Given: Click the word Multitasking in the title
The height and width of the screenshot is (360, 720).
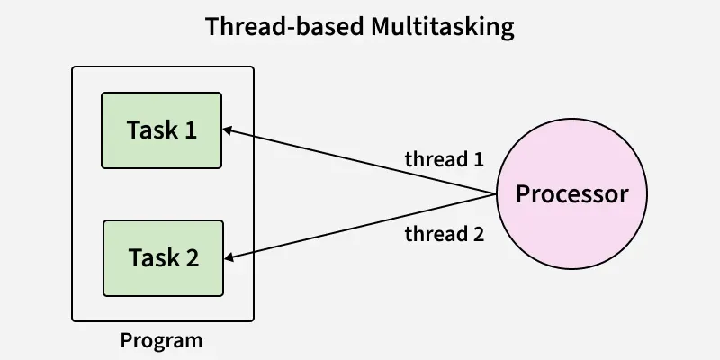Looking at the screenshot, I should coord(442,27).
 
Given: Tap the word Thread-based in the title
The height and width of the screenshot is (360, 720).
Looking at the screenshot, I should coord(284,27).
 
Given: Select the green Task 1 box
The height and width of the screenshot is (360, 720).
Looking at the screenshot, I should coord(162,130).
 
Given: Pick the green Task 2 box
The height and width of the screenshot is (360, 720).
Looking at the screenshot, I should coord(163,258).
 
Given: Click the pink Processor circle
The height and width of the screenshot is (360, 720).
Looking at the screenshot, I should coord(571,193).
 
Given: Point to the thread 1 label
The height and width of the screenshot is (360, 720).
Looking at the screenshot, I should coord(445,160).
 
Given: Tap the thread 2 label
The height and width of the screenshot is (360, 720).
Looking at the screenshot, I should coord(445,235).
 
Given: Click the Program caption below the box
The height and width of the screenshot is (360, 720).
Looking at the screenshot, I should coord(162,341).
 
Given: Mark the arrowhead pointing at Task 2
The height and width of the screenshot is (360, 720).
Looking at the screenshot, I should coord(229,259).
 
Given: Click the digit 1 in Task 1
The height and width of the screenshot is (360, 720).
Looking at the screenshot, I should coord(190,130).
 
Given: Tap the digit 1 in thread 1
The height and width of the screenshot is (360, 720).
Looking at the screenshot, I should coord(478,160).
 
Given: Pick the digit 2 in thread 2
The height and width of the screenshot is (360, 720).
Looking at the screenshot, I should coord(478,235).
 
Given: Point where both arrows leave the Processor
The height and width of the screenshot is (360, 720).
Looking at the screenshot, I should coord(497,193).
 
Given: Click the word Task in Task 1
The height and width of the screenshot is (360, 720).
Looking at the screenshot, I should coord(152,130).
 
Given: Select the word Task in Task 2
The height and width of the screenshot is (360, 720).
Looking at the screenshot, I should coord(153,258).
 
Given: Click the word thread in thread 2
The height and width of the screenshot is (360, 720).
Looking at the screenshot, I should coord(433,235).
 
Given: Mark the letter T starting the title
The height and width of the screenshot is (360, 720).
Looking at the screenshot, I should coord(212,27).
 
